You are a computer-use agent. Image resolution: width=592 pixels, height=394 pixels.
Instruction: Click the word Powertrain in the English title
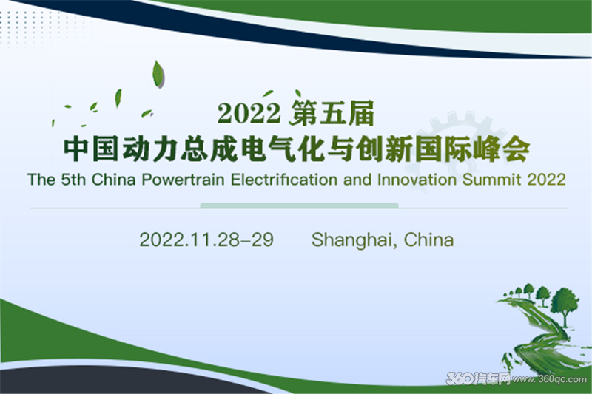click(x=183, y=180)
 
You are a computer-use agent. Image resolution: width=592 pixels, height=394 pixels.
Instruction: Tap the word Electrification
click(x=284, y=180)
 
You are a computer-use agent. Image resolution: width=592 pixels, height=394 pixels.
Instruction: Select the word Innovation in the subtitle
click(x=417, y=180)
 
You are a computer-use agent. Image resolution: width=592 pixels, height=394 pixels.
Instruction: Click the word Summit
click(x=491, y=180)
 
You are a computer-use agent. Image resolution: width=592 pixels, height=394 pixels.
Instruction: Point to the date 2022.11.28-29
click(x=206, y=240)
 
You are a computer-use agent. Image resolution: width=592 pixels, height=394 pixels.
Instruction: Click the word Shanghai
click(x=354, y=240)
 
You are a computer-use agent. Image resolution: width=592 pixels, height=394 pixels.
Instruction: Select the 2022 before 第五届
click(x=249, y=113)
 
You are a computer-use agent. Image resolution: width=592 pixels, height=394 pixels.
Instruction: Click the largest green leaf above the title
click(x=158, y=74)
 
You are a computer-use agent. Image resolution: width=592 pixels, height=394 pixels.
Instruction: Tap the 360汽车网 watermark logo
click(x=478, y=378)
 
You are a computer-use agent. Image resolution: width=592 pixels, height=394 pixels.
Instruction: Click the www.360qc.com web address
click(x=549, y=379)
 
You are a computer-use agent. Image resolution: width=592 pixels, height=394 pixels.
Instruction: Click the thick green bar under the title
click(x=299, y=206)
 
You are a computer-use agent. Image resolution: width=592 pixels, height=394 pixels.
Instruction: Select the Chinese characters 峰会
click(x=502, y=149)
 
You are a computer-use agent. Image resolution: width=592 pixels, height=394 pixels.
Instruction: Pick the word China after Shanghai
click(x=429, y=240)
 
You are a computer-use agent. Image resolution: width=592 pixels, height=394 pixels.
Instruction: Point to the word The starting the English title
click(x=41, y=180)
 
